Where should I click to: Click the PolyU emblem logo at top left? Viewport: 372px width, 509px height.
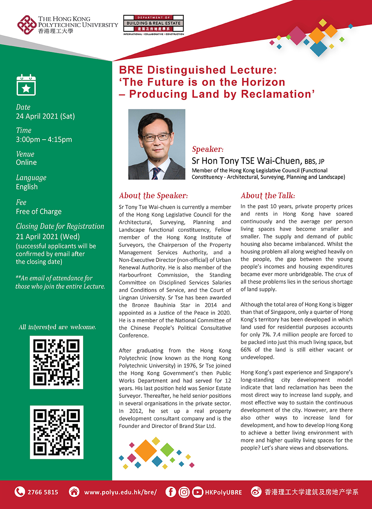(27, 25)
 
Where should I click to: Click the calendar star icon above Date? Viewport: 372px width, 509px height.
(26, 85)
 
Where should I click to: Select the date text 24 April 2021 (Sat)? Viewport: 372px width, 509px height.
(45, 116)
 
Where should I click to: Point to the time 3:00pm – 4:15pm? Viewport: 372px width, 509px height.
(44, 139)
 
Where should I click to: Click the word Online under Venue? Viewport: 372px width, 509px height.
(26, 162)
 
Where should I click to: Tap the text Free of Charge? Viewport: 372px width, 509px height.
(39, 211)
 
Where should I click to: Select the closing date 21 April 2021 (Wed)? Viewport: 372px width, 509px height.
(48, 236)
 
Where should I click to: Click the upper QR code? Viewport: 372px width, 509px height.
(56, 362)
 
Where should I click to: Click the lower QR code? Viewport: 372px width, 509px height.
(56, 432)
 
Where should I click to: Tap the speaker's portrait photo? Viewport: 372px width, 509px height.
(157, 144)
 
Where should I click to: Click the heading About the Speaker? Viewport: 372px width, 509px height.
(153, 196)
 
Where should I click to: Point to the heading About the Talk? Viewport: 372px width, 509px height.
(268, 196)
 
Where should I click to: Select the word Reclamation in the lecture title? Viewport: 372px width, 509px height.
(278, 94)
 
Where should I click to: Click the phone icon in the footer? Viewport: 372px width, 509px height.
(20, 492)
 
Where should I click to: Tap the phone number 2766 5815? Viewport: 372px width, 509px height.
(43, 492)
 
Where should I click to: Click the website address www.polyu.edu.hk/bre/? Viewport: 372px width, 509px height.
(120, 492)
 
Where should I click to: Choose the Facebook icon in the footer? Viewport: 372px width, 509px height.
(171, 492)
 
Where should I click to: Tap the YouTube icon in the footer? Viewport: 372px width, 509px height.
(197, 492)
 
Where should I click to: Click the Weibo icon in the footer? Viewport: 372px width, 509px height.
(256, 492)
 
